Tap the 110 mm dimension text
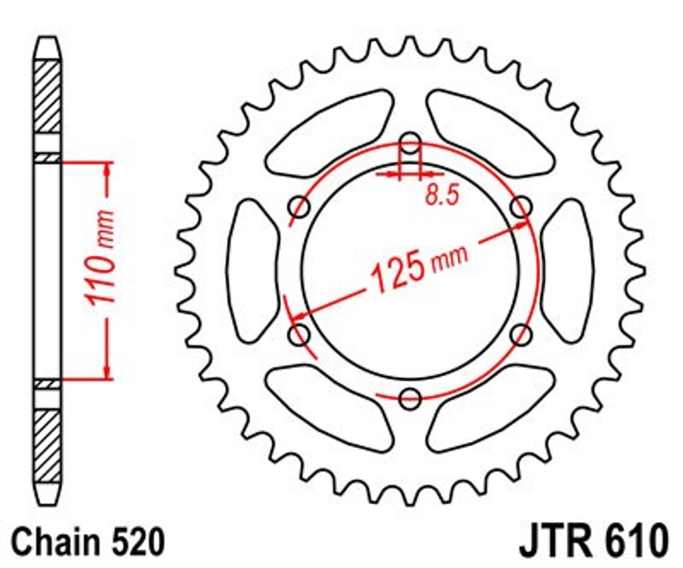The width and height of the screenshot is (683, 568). tap(99, 257)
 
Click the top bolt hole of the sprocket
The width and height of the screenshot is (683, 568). tap(410, 143)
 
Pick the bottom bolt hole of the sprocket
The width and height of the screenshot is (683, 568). tap(410, 397)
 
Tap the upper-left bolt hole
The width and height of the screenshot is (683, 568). tap(299, 207)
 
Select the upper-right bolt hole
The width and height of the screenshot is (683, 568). tap(521, 206)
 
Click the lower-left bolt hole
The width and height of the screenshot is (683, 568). tap(299, 334)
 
